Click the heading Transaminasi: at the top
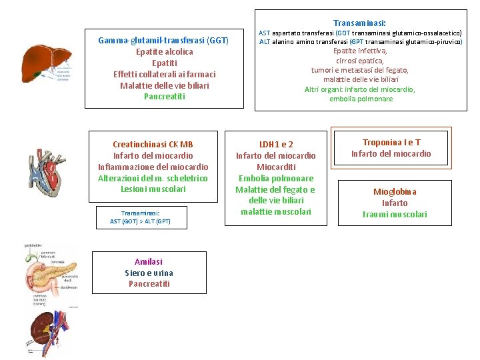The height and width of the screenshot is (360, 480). click(x=359, y=23)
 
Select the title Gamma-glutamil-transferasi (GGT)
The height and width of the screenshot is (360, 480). click(x=163, y=41)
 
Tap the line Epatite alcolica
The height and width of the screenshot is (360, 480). click(x=164, y=52)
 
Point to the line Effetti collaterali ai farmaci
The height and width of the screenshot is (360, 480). click(x=164, y=74)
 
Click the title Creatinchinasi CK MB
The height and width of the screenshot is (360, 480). click(x=153, y=144)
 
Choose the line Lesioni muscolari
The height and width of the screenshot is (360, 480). click(x=153, y=189)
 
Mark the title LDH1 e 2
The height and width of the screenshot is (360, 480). click(x=276, y=144)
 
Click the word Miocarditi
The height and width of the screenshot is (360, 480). click(x=276, y=167)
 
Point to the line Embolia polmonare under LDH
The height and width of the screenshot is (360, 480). click(x=276, y=178)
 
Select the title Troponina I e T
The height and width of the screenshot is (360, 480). click(x=391, y=143)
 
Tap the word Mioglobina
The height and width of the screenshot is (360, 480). click(x=395, y=192)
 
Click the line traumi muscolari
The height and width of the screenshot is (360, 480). click(x=395, y=214)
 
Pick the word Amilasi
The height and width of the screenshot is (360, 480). click(x=148, y=261)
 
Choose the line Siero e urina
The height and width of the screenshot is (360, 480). click(x=149, y=273)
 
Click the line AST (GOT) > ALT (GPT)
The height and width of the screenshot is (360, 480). click(x=140, y=221)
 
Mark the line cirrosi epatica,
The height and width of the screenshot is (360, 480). click(x=360, y=61)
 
